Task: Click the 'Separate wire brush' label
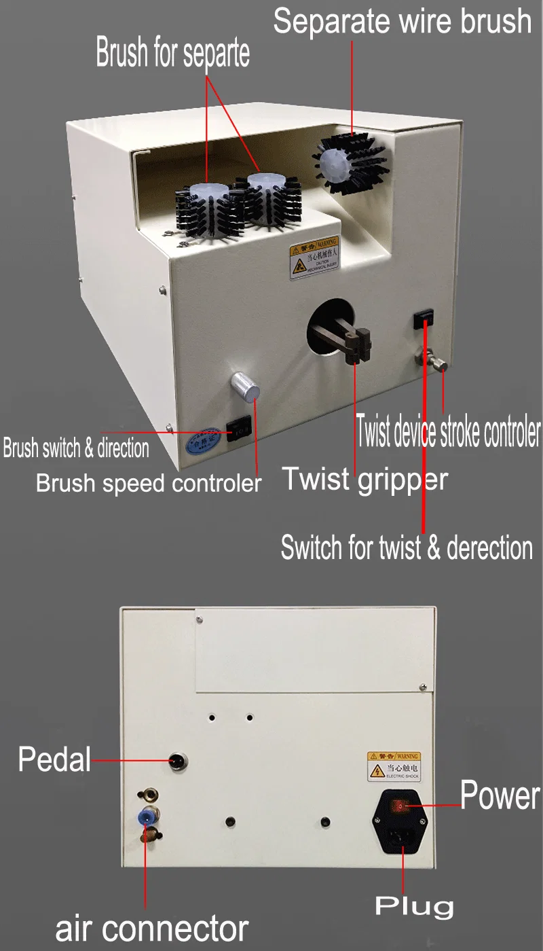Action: (402, 21)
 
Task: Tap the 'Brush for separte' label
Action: (172, 54)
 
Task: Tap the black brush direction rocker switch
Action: (239, 429)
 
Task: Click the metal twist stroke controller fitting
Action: (433, 360)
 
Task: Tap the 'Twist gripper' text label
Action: (364, 479)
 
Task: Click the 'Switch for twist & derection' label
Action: (407, 548)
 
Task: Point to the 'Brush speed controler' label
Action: (149, 483)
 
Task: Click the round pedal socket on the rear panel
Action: (179, 762)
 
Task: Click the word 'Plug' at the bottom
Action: (414, 905)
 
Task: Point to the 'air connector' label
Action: (152, 928)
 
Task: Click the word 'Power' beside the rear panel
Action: (500, 796)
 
